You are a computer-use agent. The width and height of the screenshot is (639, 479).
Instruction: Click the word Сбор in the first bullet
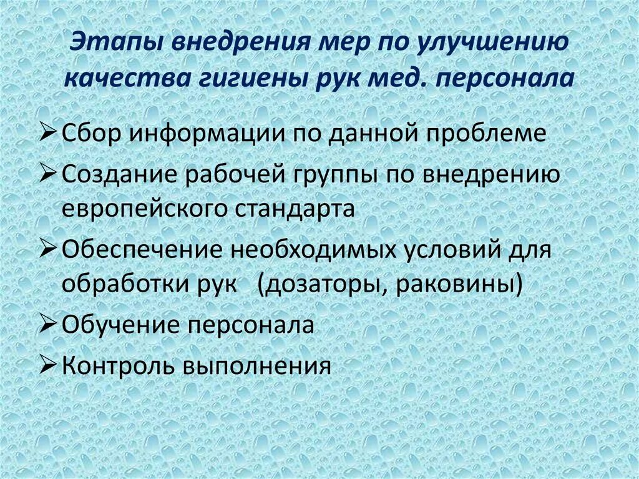point(94,134)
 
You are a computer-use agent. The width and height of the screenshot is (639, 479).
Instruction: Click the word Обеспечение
point(144,249)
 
